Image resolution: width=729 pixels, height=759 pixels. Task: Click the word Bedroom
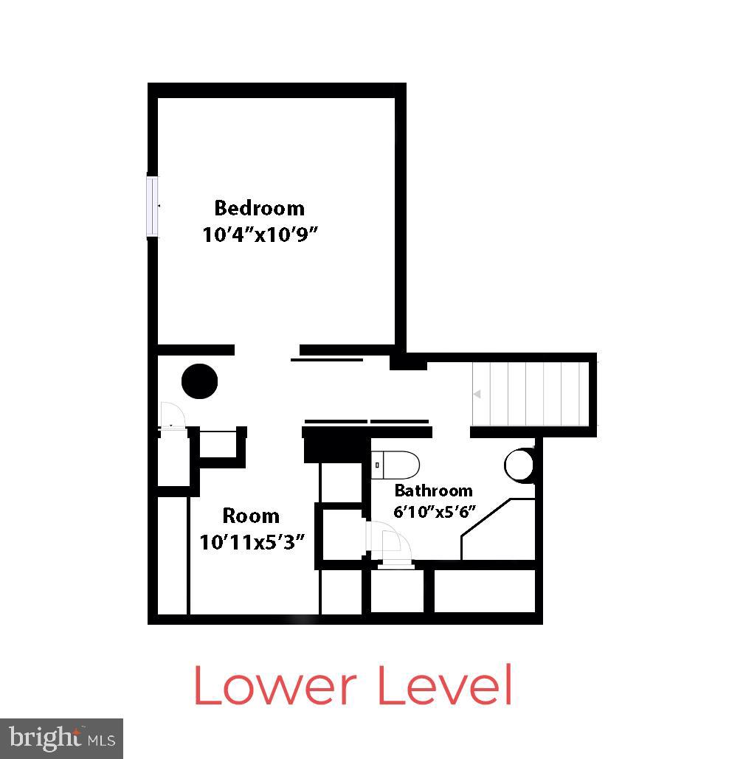(259, 208)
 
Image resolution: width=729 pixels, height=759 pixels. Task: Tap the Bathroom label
(433, 491)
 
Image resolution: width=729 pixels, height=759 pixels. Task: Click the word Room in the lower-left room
(251, 516)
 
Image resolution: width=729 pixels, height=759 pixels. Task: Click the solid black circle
(200, 381)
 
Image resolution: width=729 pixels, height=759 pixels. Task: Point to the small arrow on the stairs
(477, 395)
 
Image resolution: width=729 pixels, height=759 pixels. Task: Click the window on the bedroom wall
(153, 206)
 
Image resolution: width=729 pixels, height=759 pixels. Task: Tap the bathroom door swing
(390, 543)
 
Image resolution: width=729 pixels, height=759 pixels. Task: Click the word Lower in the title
(277, 685)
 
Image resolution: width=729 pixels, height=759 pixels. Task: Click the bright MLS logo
(61, 738)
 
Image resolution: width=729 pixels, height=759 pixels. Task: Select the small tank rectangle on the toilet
(378, 465)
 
